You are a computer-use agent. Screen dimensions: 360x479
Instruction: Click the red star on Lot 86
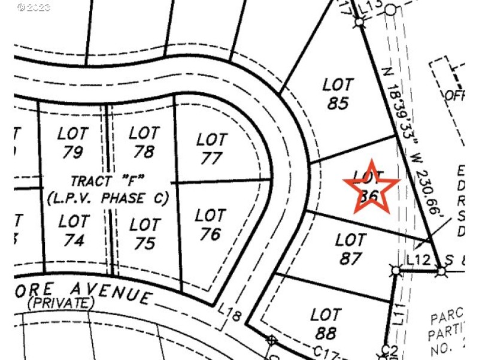pos(370,187)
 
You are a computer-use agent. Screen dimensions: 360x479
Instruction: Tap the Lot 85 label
pos(338,93)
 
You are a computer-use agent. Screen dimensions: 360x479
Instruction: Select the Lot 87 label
pos(350,249)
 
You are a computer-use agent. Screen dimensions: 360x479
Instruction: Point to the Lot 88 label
pos(326,323)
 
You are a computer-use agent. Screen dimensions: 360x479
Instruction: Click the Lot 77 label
pos(212,149)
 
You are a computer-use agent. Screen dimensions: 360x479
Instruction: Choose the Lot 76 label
pos(210,224)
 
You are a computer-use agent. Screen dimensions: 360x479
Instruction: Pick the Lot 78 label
pos(144,142)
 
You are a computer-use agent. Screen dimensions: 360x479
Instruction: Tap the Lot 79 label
pos(72,143)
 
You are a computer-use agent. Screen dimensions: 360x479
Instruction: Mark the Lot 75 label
pos(144,234)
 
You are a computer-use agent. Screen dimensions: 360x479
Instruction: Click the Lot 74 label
pos(74,231)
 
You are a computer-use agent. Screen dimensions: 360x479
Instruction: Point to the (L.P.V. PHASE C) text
pos(107,197)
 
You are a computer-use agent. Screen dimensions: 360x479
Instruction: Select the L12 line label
pos(417,260)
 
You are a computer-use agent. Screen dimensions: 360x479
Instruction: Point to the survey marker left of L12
pos(396,271)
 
